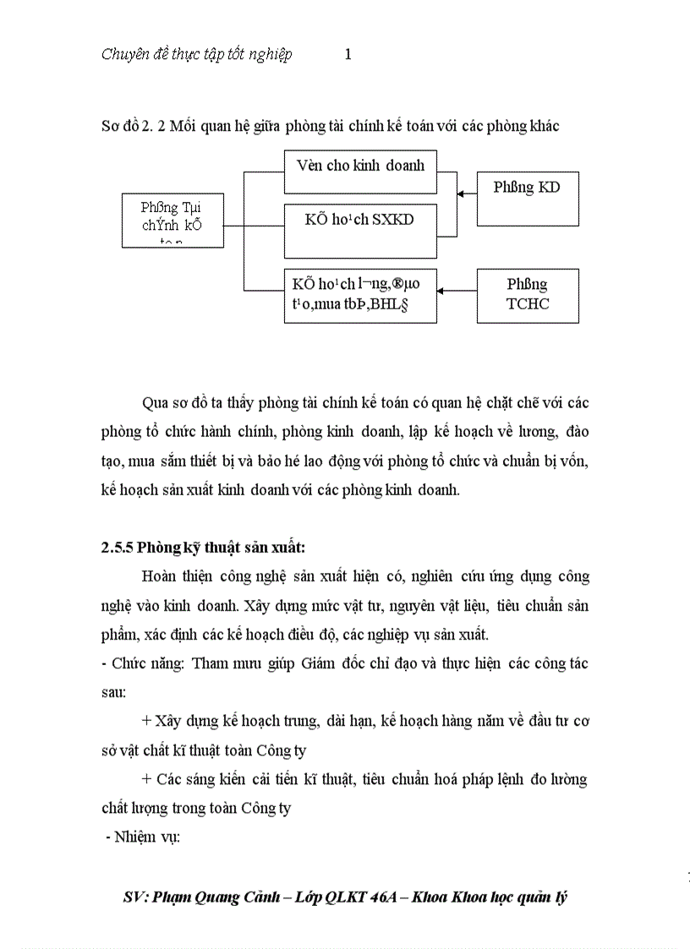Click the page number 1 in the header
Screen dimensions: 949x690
[x=348, y=55]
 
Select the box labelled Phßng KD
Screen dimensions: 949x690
[x=527, y=199]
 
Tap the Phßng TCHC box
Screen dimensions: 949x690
[x=528, y=295]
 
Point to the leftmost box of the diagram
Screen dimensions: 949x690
[x=172, y=220]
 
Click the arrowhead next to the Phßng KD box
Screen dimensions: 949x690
[x=462, y=194]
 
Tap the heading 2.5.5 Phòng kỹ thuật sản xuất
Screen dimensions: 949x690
[x=199, y=546]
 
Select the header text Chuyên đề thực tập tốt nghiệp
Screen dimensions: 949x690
[x=197, y=55]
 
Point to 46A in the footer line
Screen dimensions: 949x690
[x=385, y=897]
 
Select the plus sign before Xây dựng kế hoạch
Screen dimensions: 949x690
[x=147, y=721]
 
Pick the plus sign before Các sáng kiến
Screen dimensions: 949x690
[x=147, y=778]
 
